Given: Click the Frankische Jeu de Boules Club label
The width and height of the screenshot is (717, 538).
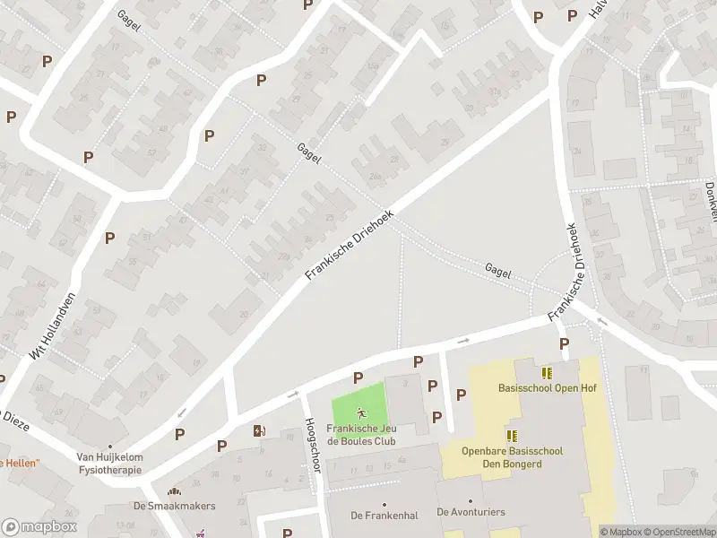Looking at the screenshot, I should tap(362, 435).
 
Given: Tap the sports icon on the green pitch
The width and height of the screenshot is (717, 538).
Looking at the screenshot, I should tap(362, 413).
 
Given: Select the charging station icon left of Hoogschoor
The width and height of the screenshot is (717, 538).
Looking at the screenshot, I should tap(260, 430).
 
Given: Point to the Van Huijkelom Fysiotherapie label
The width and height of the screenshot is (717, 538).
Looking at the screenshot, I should tap(110, 463).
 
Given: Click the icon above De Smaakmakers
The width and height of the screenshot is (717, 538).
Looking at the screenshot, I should tap(173, 491).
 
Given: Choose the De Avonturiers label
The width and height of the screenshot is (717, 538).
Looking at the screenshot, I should tap(471, 512).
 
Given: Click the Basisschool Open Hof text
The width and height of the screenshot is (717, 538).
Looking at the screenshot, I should tap(547, 388).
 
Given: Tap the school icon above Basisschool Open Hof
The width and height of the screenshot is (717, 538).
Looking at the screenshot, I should tap(547, 373).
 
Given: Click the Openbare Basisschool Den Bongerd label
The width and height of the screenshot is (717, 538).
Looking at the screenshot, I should tap(512, 457).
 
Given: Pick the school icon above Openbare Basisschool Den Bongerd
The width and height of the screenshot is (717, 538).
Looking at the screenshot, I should tap(512, 436).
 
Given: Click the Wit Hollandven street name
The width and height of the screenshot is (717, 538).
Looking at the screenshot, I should tap(51, 325).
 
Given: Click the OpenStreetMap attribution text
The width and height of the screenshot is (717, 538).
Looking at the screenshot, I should tap(680, 532).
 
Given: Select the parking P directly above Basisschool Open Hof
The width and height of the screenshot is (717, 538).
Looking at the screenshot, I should tap(564, 343).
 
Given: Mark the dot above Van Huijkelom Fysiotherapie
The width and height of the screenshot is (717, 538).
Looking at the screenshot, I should tap(110, 446).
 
